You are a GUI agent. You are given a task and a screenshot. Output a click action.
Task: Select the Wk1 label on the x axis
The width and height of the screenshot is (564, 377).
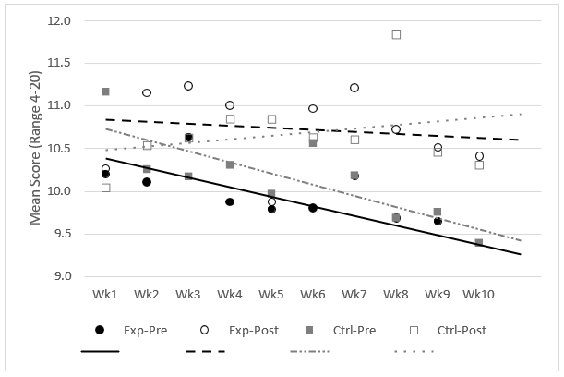[x=106, y=294]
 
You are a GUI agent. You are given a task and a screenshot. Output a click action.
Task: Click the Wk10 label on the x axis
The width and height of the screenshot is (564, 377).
[x=479, y=294]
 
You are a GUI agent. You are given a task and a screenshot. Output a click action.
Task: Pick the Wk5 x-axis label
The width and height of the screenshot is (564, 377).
[x=271, y=294]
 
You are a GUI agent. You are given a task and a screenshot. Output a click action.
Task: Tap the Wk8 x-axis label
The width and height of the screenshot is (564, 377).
[x=396, y=294]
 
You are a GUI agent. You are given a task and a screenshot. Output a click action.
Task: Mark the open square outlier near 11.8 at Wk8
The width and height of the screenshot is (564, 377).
[x=396, y=35]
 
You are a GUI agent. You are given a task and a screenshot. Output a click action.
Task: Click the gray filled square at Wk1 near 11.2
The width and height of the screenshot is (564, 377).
[x=105, y=91]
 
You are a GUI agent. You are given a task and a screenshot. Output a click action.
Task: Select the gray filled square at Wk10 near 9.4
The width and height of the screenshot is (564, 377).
[x=479, y=242]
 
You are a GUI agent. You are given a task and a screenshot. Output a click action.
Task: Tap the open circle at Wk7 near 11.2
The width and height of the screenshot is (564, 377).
[x=354, y=88]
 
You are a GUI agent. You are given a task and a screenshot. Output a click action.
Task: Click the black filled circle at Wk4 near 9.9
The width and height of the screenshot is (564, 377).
[x=230, y=201]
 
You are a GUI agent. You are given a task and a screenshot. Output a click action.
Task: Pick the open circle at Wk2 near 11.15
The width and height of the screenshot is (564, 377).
[x=147, y=92]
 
